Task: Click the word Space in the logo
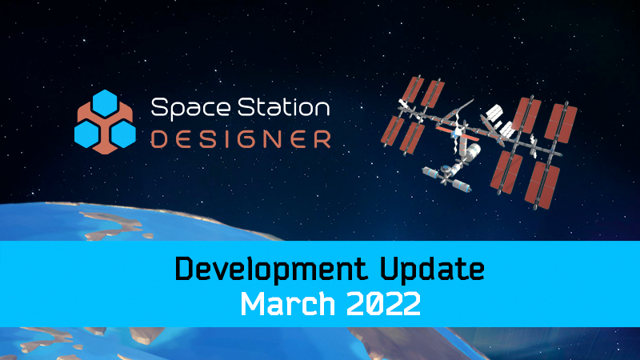point(190,108)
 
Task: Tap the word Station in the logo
point(284,107)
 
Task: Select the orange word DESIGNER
point(241,139)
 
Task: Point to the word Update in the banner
point(432,270)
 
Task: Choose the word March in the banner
point(288,304)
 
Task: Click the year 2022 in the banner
point(384,304)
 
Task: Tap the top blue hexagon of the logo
point(105,103)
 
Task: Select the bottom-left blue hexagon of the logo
point(87,134)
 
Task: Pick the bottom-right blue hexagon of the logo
point(123,134)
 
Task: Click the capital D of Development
point(184,268)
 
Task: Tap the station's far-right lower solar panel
point(543,186)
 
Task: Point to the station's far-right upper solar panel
point(562,123)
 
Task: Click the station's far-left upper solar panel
point(413,90)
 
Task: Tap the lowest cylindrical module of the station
point(461,186)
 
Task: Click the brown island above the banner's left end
point(112,225)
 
